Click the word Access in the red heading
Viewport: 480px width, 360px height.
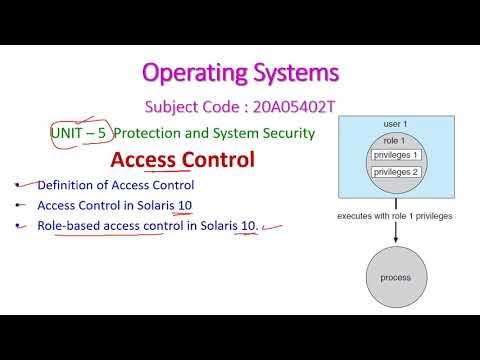pyautogui.click(x=143, y=160)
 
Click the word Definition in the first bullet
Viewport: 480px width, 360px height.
pyautogui.click(x=66, y=185)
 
